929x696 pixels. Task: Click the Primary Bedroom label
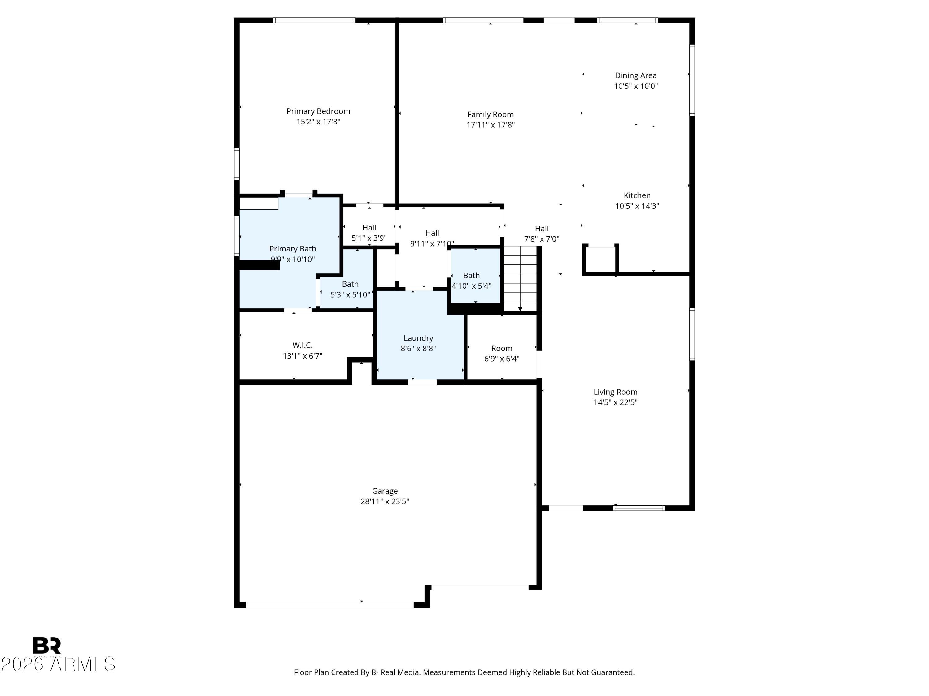coord(318,111)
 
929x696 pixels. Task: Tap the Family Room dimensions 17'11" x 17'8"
coord(490,125)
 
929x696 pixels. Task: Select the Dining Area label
coord(635,75)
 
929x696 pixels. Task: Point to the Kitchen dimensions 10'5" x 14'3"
coord(637,206)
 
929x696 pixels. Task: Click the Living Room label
coord(615,392)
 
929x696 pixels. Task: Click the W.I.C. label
coord(302,345)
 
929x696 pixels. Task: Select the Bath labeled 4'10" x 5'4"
coord(471,276)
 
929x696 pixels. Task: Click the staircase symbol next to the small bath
coord(520,279)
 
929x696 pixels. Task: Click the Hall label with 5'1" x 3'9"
coord(369,228)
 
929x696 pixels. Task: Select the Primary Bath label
coord(292,249)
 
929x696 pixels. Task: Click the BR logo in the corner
coord(47,645)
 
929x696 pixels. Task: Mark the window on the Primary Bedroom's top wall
coord(314,20)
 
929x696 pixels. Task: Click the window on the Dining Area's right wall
coord(692,80)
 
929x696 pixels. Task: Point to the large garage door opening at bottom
coord(330,604)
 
